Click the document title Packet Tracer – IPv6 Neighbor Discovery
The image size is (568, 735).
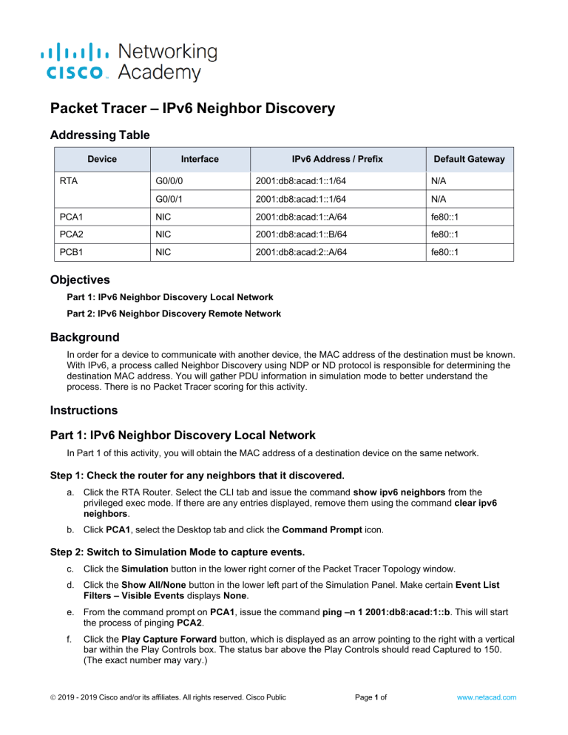[x=192, y=109]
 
